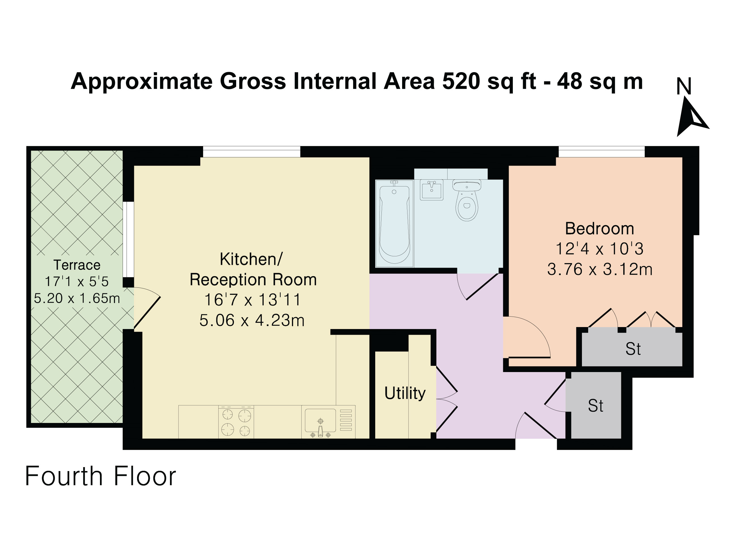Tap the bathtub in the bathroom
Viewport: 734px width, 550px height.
(x=394, y=224)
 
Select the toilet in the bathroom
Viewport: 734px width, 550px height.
(x=467, y=200)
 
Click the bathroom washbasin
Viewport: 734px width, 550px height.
(x=432, y=190)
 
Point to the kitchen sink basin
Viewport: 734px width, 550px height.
(x=321, y=420)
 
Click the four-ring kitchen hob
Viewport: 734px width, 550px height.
(x=236, y=422)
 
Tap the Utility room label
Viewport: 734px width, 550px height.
(x=405, y=393)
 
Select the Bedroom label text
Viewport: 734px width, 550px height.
(x=599, y=228)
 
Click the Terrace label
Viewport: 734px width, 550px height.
(x=77, y=265)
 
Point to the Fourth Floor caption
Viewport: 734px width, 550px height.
(x=101, y=476)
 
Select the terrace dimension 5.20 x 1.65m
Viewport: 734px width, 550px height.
(x=77, y=298)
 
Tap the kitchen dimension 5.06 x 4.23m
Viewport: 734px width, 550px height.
(x=252, y=321)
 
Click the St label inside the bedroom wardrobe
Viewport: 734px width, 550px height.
(x=633, y=349)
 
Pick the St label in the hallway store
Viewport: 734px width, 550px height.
(x=596, y=406)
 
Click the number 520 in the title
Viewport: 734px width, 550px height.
(x=461, y=81)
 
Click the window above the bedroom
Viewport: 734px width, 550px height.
(x=601, y=152)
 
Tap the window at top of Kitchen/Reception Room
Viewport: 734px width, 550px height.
(x=251, y=152)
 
